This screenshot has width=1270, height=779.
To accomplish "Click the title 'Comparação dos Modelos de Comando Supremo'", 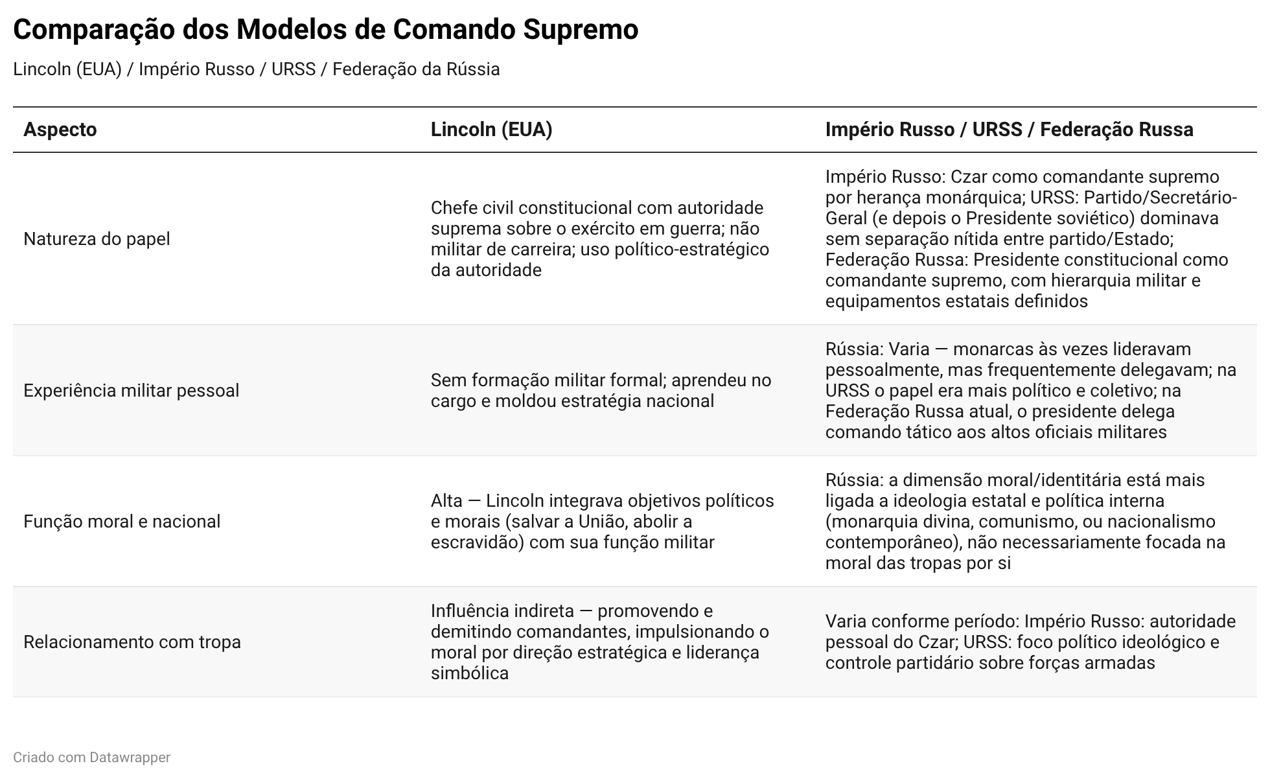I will click(325, 30).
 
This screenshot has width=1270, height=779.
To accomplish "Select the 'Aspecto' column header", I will click(60, 130).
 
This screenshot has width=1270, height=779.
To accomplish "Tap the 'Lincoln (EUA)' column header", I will click(491, 130).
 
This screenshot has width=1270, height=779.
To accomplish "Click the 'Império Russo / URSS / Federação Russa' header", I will click(1009, 130).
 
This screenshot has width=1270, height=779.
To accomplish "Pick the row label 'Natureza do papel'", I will click(97, 239).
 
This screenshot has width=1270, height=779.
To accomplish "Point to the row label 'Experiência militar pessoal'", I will click(131, 391).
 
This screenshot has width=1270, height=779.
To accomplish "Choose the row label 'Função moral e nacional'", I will click(122, 522).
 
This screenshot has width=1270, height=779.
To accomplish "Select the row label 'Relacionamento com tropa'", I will click(132, 642).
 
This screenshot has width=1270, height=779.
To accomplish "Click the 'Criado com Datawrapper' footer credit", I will click(91, 757).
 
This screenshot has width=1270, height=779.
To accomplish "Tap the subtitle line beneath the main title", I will click(256, 69).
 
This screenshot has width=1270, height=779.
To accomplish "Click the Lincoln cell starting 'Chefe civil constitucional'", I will click(599, 239).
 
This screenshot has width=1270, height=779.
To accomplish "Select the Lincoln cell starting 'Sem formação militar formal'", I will click(601, 391).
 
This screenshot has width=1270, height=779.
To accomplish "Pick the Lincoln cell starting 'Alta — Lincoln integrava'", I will click(602, 522).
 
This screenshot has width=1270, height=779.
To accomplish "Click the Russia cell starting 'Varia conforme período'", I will click(1030, 642).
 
